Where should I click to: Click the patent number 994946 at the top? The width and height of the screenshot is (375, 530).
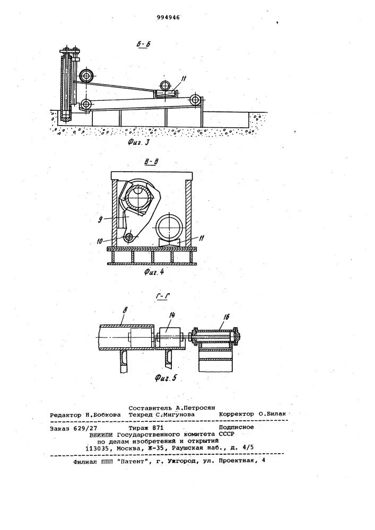(169, 17)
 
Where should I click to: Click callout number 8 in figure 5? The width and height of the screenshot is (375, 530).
(120, 318)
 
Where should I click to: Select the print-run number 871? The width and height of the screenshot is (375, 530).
(159, 427)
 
